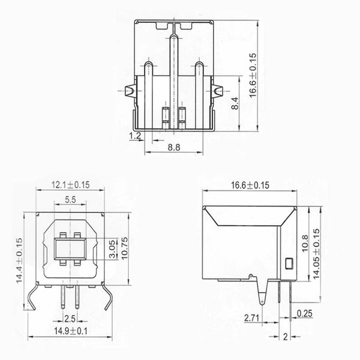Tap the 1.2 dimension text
click(x=135, y=137)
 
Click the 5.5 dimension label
click(x=70, y=199)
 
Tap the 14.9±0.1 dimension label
click(x=71, y=331)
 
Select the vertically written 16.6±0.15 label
click(x=253, y=73)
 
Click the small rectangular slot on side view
click(x=289, y=263)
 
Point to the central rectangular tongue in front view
click(x=70, y=248)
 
